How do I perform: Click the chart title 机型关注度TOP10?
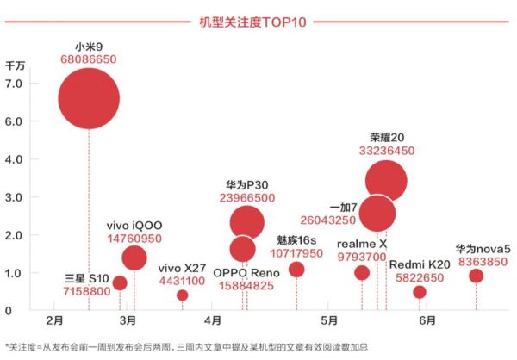pyautogui.click(x=258, y=18)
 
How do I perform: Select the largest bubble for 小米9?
pyautogui.click(x=88, y=99)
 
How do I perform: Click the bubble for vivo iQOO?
pyautogui.click(x=134, y=258)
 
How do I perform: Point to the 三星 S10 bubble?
pyautogui.click(x=120, y=282)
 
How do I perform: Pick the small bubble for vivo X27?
pyautogui.click(x=182, y=295)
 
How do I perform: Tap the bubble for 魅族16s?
pyautogui.click(x=296, y=270)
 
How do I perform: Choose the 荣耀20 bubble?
pyautogui.click(x=386, y=181)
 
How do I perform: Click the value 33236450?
pyautogui.click(x=386, y=150)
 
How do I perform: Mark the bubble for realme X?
pyautogui.click(x=362, y=273)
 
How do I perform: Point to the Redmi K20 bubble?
pyautogui.click(x=420, y=292)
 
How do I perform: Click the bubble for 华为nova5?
pyautogui.click(x=476, y=276)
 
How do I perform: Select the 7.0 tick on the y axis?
pyautogui.click(x=16, y=84)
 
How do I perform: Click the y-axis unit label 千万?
pyautogui.click(x=16, y=65)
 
